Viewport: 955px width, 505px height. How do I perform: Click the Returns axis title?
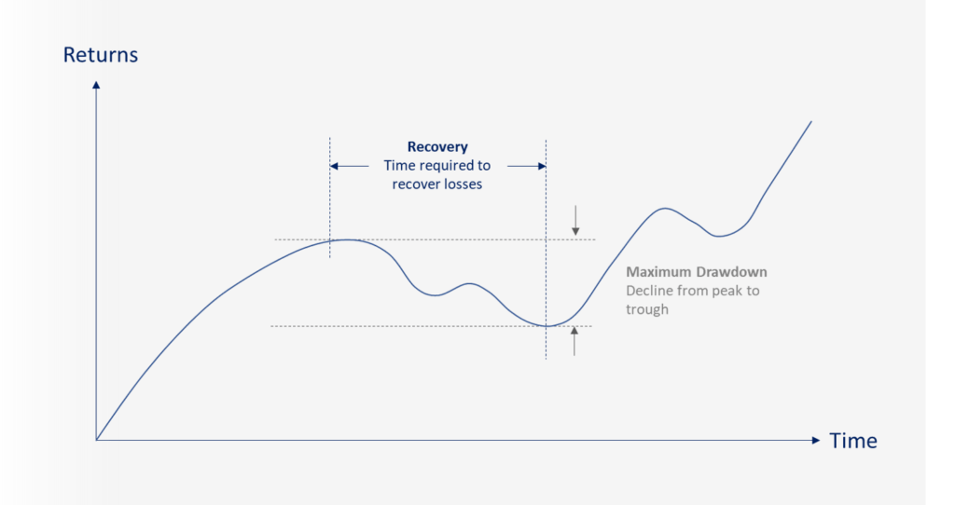coord(101,55)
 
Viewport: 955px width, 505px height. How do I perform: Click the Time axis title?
coord(853,441)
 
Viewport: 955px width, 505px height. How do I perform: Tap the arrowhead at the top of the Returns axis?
coord(96,85)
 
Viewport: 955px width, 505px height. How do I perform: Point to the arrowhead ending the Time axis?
coord(816,440)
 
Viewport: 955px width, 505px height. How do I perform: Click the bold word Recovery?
coord(437,146)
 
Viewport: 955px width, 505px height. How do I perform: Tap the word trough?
coord(647,309)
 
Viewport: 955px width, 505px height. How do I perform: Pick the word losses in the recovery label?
coord(463,184)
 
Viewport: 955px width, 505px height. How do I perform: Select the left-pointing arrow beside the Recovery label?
coord(349,166)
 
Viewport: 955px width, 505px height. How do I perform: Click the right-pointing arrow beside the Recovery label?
coord(527,166)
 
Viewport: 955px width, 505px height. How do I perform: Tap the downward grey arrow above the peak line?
coord(575,220)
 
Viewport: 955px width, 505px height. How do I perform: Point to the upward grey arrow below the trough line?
coord(574,341)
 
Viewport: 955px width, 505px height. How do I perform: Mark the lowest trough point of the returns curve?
coord(547,326)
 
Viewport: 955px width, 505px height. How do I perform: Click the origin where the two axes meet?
coord(96,440)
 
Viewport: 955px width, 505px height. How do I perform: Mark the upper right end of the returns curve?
coord(811,121)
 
